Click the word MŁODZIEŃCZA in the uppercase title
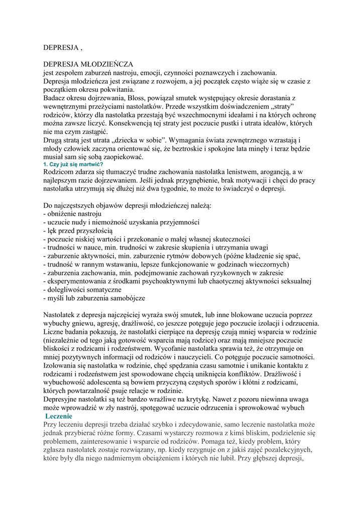point(104,64)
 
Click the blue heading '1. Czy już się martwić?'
point(73,165)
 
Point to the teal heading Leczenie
point(59,416)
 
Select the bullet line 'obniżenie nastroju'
point(72,214)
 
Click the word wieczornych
point(268,264)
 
